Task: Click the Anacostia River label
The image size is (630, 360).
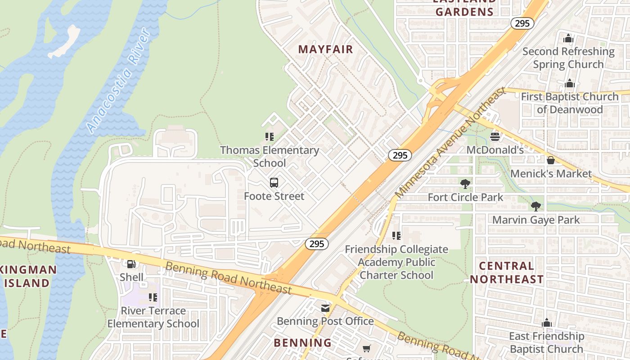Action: (x=118, y=81)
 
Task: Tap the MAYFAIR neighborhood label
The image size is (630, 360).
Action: (x=326, y=49)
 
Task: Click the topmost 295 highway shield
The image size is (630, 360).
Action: (x=522, y=23)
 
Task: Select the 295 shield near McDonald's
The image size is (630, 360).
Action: (x=400, y=155)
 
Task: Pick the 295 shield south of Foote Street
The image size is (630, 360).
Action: (x=317, y=244)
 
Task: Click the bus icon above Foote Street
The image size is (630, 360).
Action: (x=274, y=183)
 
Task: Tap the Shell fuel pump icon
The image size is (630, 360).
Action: (x=131, y=264)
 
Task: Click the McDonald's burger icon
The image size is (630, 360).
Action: (x=495, y=136)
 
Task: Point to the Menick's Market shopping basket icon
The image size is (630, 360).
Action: (x=550, y=160)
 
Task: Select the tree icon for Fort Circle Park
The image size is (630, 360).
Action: (x=465, y=184)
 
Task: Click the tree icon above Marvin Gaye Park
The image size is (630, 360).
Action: (x=535, y=207)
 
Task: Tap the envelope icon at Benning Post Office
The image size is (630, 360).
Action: (x=325, y=308)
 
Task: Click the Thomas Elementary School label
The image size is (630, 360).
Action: (x=270, y=156)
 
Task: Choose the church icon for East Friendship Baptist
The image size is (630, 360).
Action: (x=546, y=323)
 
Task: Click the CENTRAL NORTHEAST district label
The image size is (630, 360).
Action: (x=507, y=272)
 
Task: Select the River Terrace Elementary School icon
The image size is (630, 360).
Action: (x=153, y=297)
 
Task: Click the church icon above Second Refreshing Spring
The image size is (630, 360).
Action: (x=568, y=39)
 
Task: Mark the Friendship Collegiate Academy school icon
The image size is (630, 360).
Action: (x=396, y=236)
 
